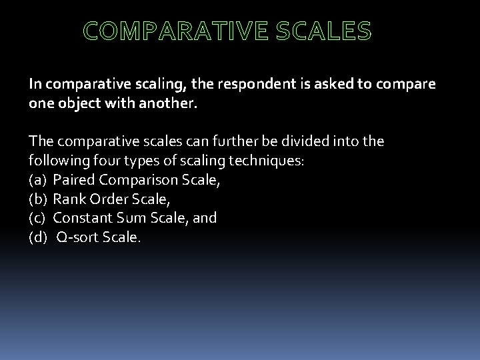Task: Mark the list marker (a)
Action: pyautogui.click(x=37, y=179)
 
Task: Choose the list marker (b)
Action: pyautogui.click(x=37, y=199)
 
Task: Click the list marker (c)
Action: pyautogui.click(x=37, y=217)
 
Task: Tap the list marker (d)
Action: pyautogui.click(x=37, y=237)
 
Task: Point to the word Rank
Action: pyautogui.click(x=68, y=199)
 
